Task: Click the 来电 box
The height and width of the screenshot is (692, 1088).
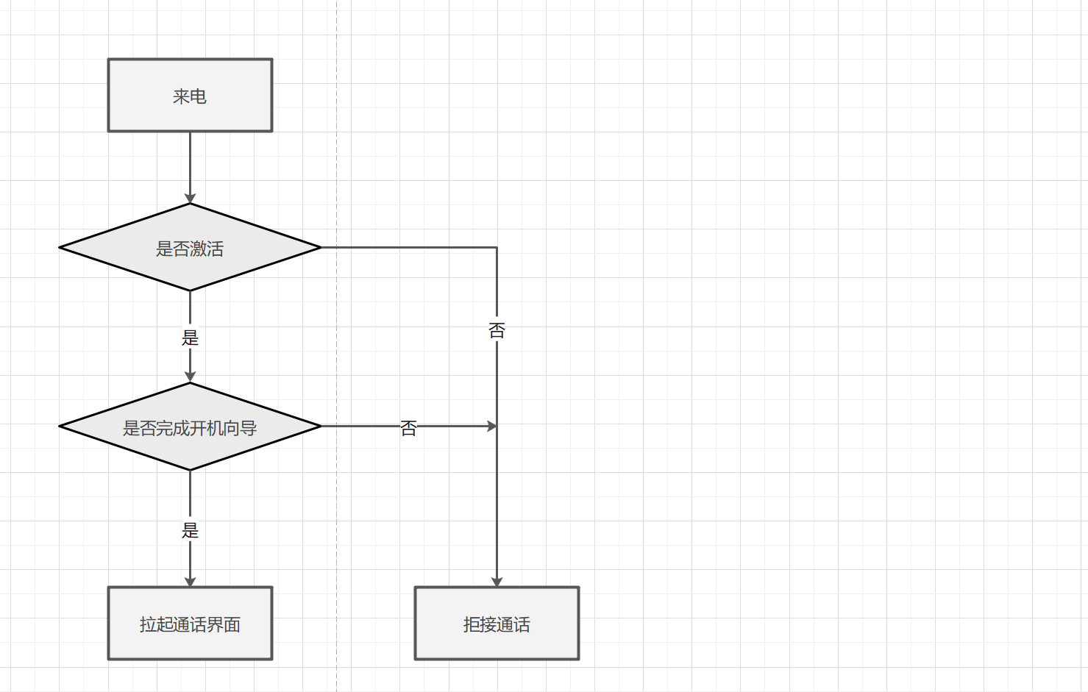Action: click(190, 96)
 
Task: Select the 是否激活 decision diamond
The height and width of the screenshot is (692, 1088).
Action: click(190, 248)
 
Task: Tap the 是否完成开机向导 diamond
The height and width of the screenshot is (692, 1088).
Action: click(190, 427)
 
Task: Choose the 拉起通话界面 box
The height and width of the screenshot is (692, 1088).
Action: click(190, 624)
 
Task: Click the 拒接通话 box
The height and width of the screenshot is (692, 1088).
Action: click(497, 624)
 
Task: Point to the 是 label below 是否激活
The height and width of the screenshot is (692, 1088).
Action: click(190, 338)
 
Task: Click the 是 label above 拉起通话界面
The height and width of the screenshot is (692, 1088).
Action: click(190, 530)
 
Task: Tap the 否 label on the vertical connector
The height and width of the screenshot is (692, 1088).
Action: click(497, 330)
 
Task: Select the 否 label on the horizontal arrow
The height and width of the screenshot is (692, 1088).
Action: click(408, 428)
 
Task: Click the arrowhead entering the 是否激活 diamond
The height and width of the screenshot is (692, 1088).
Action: click(190, 199)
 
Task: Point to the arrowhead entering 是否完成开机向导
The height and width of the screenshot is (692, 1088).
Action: click(190, 377)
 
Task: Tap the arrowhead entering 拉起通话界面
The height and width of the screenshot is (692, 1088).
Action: click(190, 582)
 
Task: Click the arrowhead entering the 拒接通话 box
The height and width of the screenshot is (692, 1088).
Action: click(497, 582)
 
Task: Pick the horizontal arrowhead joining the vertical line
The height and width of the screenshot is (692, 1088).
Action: click(492, 426)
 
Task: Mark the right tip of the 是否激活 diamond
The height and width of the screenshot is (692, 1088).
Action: click(319, 248)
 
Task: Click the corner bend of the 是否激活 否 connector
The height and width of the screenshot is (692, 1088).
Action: click(497, 248)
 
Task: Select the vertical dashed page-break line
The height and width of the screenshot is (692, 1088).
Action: click(337, 515)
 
